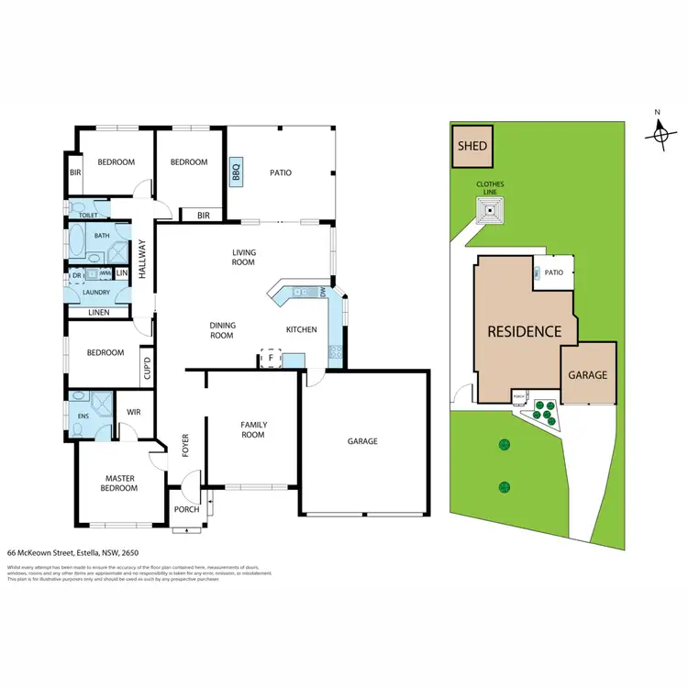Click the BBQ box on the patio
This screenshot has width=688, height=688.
(236, 171)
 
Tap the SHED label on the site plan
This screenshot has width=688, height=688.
(472, 146)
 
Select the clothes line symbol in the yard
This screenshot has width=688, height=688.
(492, 214)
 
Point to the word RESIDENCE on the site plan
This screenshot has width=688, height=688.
(524, 331)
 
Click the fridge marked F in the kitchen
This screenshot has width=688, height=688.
(272, 358)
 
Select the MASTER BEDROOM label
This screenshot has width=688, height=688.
(120, 483)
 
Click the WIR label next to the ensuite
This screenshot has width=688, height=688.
(133, 412)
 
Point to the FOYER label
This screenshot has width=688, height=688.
(184, 445)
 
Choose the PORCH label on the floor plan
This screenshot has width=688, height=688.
(187, 509)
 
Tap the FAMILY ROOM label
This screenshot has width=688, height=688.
(252, 429)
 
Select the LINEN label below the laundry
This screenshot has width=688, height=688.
(98, 313)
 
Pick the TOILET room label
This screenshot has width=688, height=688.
(88, 216)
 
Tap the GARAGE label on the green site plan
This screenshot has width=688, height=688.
(587, 375)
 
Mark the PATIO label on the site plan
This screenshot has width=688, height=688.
(554, 272)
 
